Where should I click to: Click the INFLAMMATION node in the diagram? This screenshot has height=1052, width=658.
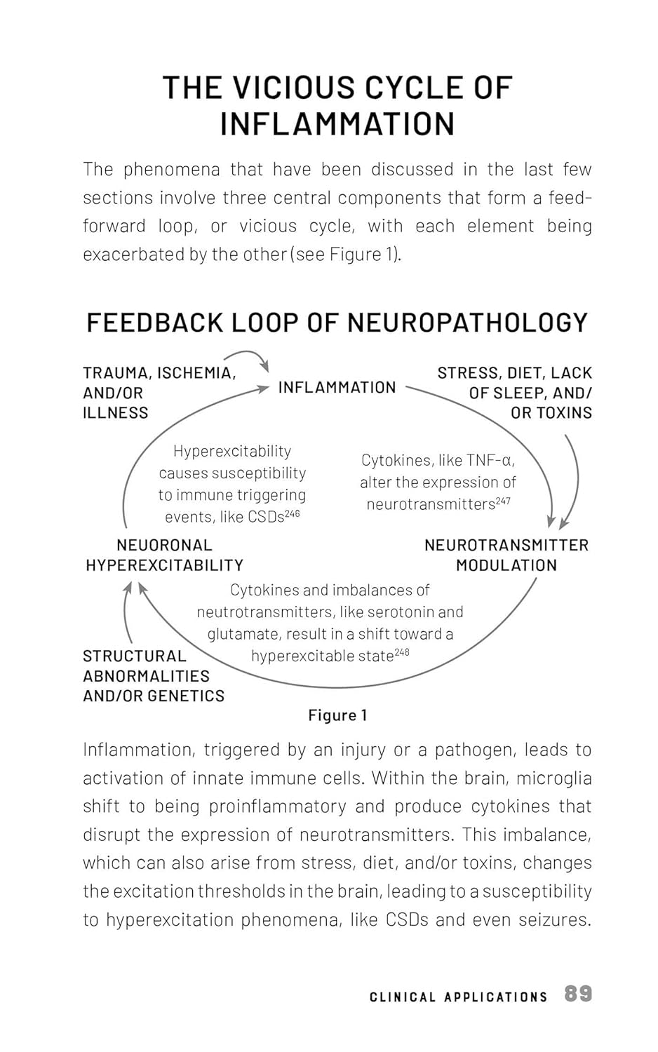click(337, 387)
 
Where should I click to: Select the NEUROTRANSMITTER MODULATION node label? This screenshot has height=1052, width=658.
click(506, 555)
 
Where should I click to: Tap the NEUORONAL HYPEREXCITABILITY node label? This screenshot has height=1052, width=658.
click(164, 555)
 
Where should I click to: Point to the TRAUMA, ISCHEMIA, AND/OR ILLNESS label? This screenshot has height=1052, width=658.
click(159, 393)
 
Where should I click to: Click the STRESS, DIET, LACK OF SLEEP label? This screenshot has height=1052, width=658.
click(515, 393)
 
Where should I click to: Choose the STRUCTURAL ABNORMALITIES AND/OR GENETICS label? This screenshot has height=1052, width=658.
click(154, 676)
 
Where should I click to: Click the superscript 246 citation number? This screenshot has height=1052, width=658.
click(292, 513)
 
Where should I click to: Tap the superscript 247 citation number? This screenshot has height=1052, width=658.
click(502, 501)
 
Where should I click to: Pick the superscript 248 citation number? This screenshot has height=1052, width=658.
click(401, 652)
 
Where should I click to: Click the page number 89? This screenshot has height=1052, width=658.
click(578, 994)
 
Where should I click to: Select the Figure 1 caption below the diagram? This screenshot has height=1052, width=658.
click(337, 715)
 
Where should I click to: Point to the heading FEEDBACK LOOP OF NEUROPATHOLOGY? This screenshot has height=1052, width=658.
click(337, 322)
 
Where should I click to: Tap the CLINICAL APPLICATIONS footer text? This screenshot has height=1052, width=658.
click(458, 997)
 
